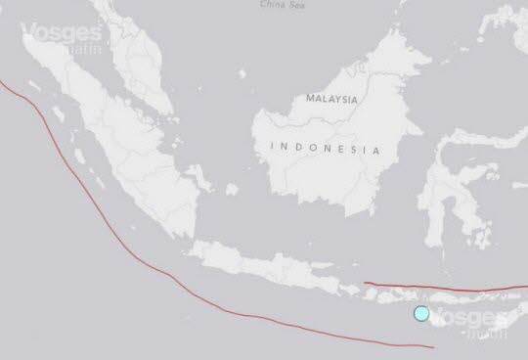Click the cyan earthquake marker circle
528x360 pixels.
pos(421,313)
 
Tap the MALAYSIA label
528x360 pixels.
pos(331,100)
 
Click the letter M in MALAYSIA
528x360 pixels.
pos(310,100)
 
